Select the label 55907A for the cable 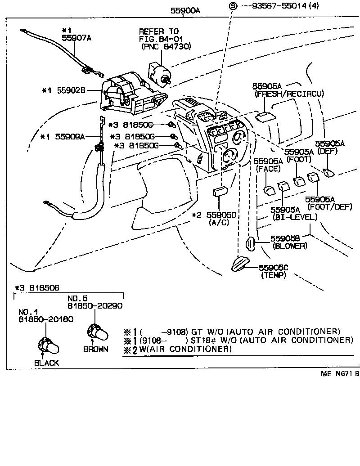(76, 38)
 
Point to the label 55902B (76, 90)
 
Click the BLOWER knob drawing (251, 243)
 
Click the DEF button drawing (328, 172)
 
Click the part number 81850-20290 (95, 306)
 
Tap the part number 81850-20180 (46, 320)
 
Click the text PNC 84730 (166, 46)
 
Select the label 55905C (273, 268)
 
